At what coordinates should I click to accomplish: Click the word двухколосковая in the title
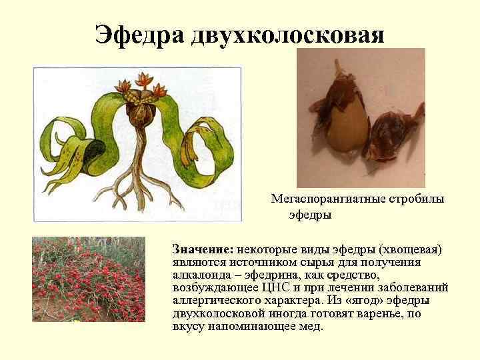288,33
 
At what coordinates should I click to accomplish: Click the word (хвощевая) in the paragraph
410,249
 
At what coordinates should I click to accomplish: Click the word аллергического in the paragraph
210,301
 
